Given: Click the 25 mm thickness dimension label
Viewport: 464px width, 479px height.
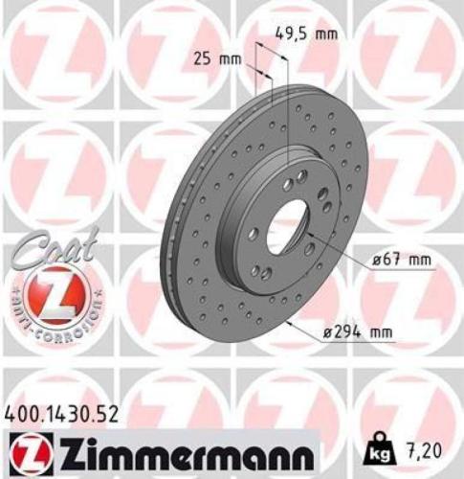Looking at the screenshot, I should [x=216, y=59].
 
